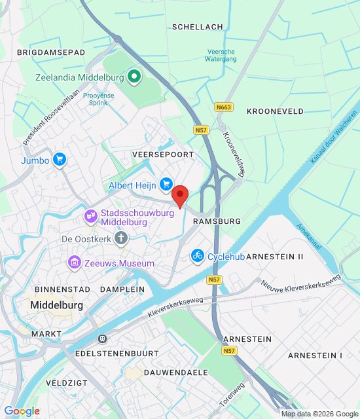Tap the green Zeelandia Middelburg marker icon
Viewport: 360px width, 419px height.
click(134, 77)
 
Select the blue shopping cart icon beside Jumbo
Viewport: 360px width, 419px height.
click(60, 159)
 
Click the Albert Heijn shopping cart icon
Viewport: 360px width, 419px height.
click(166, 185)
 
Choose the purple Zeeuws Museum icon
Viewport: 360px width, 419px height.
click(75, 263)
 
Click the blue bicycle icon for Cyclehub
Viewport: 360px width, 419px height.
click(198, 256)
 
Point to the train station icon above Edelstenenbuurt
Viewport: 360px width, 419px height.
click(102, 338)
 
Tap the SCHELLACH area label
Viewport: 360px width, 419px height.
click(197, 27)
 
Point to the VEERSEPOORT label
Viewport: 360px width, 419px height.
click(162, 154)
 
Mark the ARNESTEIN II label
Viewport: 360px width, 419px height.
click(275, 257)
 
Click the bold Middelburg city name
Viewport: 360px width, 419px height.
click(57, 306)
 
